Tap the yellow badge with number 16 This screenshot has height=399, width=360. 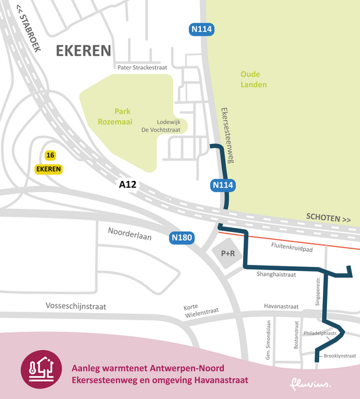(x=50, y=155)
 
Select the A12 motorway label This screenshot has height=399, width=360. (x=127, y=184)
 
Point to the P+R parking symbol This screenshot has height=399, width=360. (x=229, y=253)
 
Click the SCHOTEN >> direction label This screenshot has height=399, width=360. (x=328, y=218)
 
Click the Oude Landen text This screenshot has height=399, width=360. (x=254, y=79)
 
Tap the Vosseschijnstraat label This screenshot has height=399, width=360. (x=76, y=307)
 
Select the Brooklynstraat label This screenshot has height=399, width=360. (x=341, y=356)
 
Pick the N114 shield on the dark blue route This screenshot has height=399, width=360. (x=221, y=186)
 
